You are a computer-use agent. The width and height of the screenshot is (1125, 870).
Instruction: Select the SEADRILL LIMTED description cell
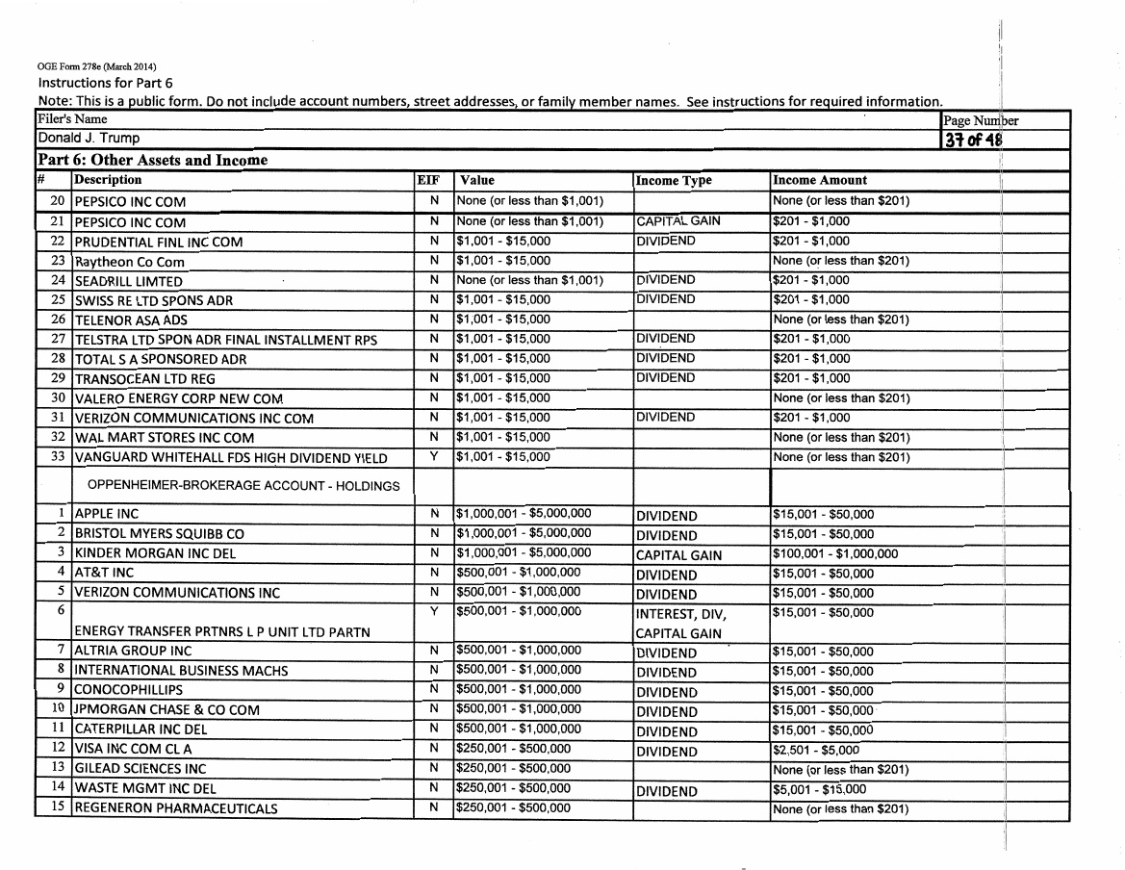pyautogui.click(x=129, y=282)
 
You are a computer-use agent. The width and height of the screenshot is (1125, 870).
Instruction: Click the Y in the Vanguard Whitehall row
pyautogui.click(x=434, y=456)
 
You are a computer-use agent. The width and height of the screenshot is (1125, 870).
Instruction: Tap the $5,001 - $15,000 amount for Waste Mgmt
pyautogui.click(x=819, y=790)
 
